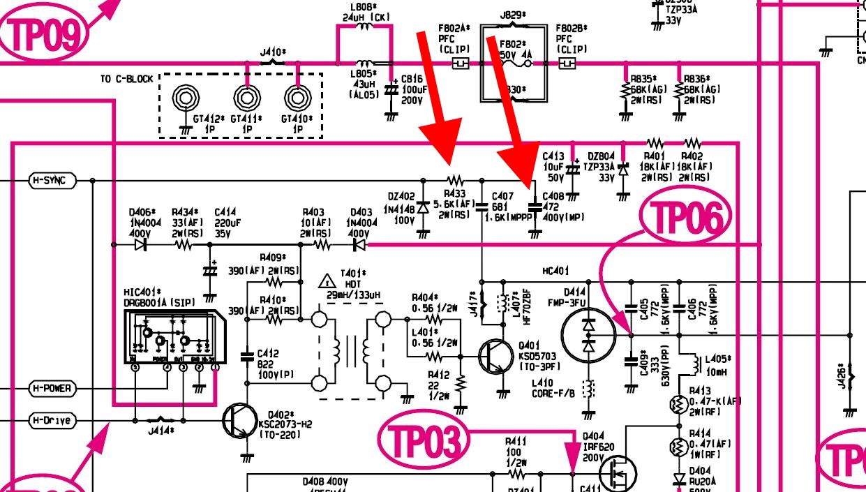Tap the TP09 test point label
tap(47, 31)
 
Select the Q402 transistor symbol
tap(241, 421)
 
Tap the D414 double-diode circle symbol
tap(588, 335)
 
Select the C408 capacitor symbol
tap(535, 207)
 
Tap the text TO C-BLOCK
tap(126, 79)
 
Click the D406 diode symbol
tap(140, 245)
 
